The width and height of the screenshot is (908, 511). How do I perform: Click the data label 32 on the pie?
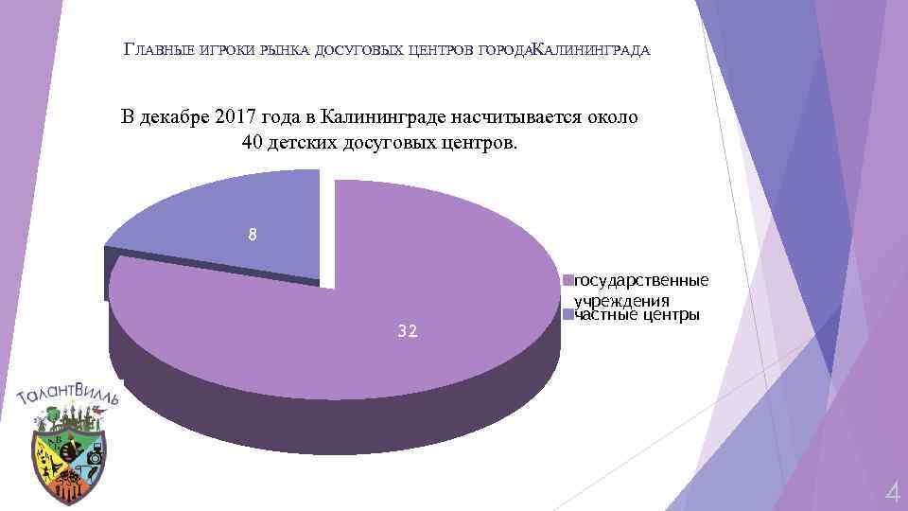coord(409,331)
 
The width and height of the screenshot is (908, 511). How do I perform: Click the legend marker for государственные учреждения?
coord(567,280)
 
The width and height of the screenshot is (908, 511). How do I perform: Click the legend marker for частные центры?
coord(567,315)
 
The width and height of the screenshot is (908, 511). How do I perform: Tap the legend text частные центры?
coord(637,315)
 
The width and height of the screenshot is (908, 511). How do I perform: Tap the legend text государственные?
coord(641,280)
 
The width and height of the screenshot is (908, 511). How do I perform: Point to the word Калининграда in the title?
coord(592,49)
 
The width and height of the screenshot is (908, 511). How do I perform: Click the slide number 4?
coord(891,492)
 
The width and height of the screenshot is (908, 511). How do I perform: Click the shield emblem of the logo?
coord(68,459)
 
